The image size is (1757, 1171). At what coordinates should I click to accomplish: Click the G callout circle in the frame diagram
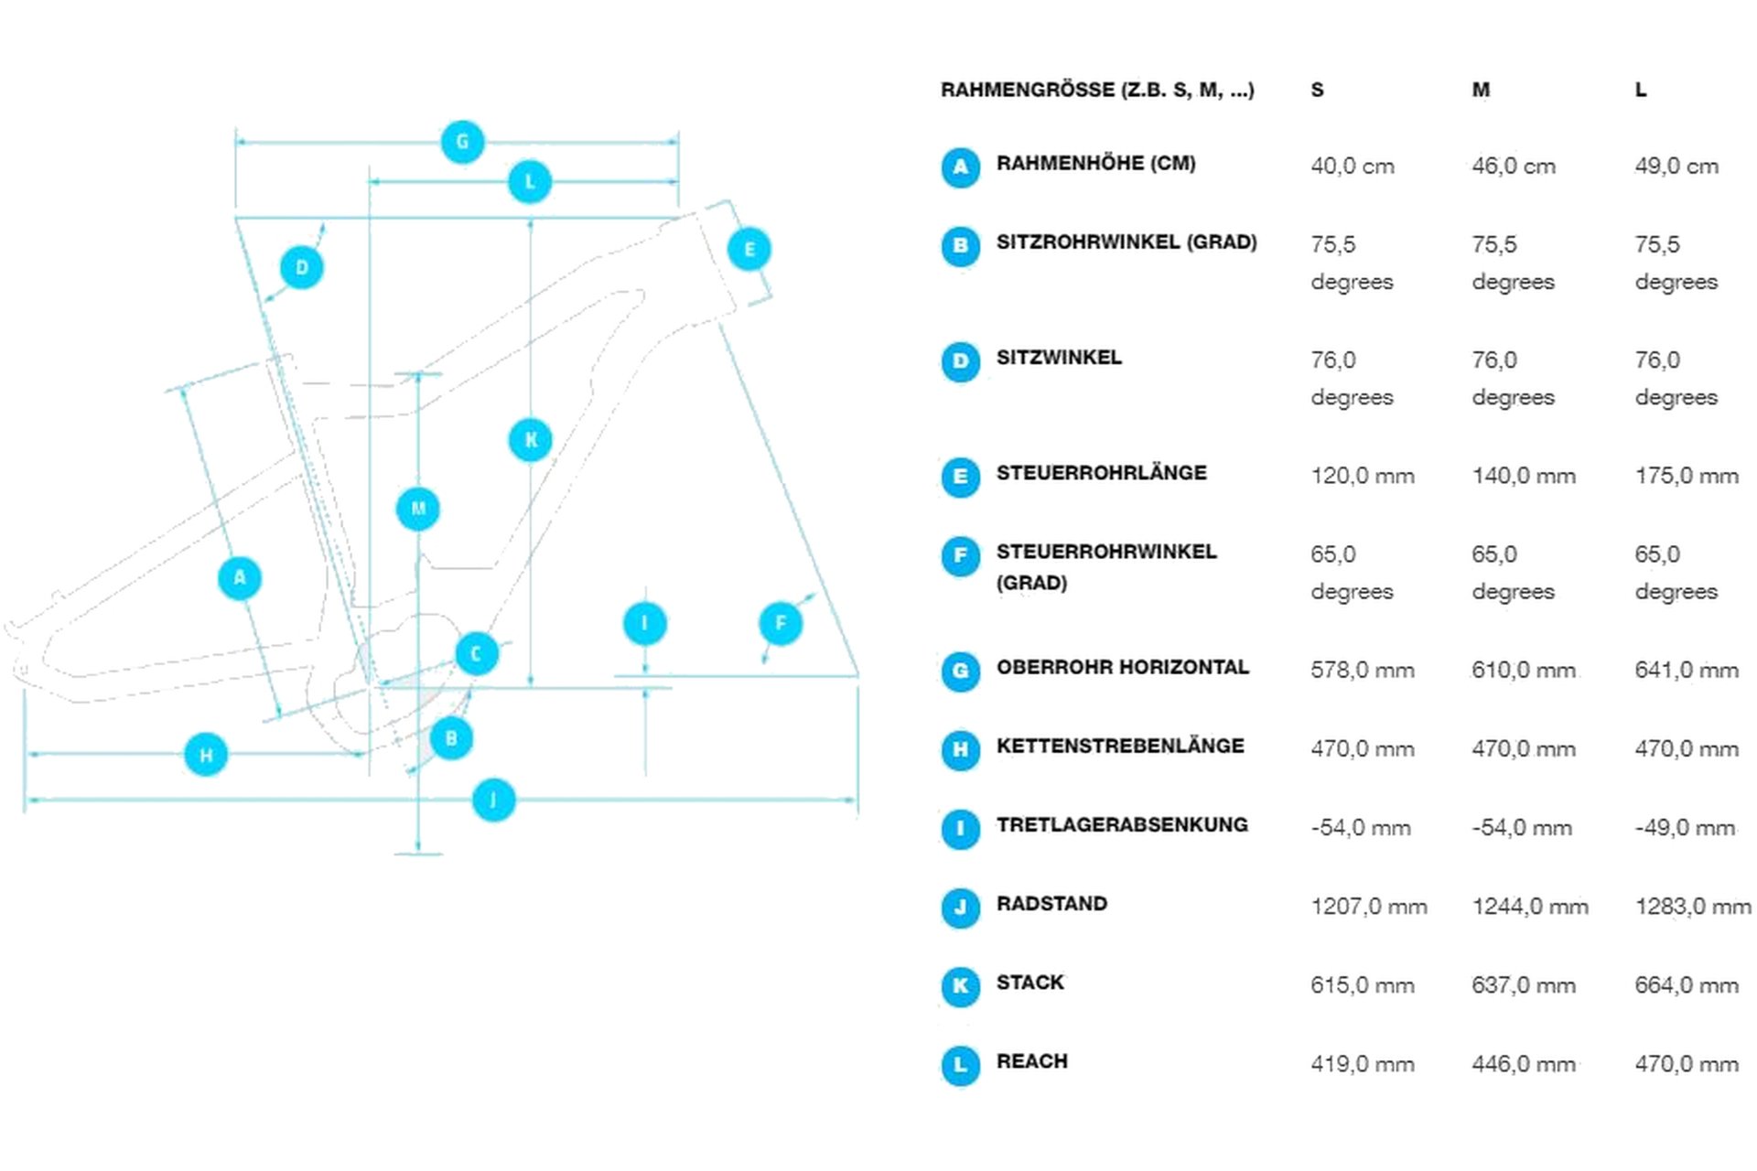pos(462,142)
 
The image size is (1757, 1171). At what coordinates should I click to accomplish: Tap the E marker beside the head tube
pos(749,249)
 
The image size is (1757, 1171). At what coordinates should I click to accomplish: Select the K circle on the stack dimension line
pos(531,440)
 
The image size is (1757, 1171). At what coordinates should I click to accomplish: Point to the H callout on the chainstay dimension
pos(206,755)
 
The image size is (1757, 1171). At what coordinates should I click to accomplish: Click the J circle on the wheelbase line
pos(494,800)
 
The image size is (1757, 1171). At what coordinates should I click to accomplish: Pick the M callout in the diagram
pos(418,509)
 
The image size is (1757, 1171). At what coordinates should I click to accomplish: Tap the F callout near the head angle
pos(781,624)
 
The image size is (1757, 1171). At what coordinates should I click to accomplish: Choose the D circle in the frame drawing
pos(302,267)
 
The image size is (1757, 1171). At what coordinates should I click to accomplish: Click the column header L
pos(1641,90)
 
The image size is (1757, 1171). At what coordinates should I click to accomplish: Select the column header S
pos(1317,90)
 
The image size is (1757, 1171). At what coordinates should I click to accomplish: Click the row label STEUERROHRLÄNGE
pos(1101,473)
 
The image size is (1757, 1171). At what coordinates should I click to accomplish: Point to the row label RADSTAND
pos(1051,904)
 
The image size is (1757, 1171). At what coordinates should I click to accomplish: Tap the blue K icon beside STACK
pos(960,986)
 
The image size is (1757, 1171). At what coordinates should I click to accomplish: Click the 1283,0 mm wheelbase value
pos(1692,907)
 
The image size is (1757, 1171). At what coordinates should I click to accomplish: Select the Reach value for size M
pos(1524,1064)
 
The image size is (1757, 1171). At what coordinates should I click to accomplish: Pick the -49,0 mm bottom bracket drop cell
pos(1685,828)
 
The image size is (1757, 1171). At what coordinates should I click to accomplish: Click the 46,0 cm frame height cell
pos(1514,167)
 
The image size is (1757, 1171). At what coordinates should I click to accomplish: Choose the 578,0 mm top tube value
pos(1362,671)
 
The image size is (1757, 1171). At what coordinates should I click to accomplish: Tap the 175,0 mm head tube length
pos(1687,476)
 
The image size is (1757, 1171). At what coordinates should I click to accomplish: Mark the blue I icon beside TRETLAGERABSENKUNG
pos(960,829)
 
